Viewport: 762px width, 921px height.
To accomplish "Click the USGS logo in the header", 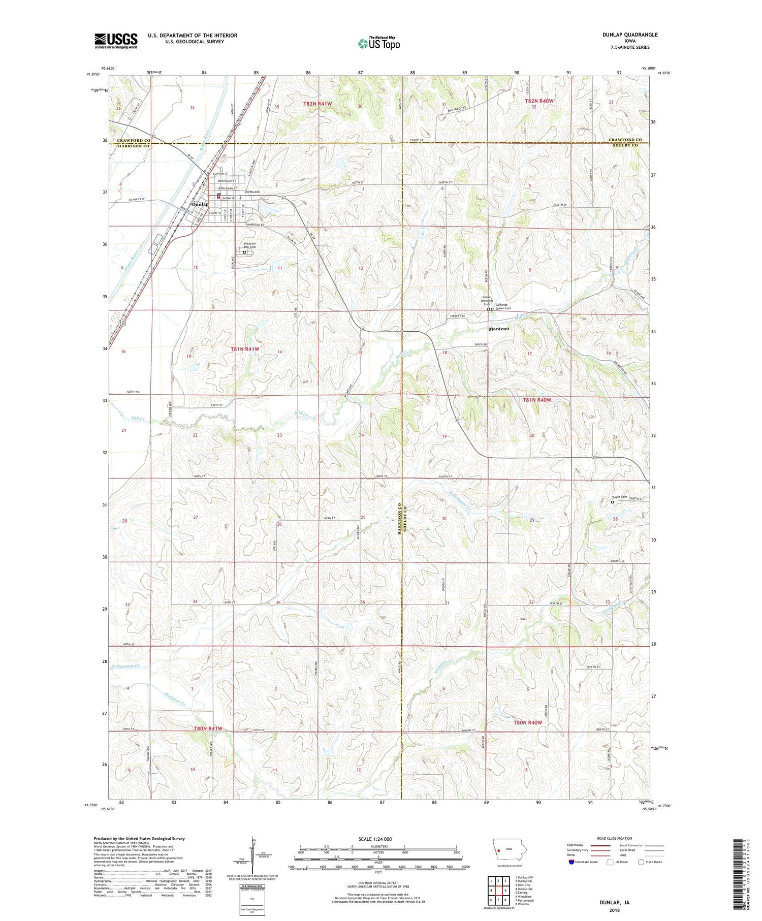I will pos(116,41).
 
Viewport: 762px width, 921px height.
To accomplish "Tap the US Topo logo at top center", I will pos(378,44).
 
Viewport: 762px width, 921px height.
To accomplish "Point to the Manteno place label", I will pos(498,329).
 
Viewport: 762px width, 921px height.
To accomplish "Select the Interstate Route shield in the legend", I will pos(572,862).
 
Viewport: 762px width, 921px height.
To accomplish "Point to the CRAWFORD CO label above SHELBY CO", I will pos(625,140).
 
